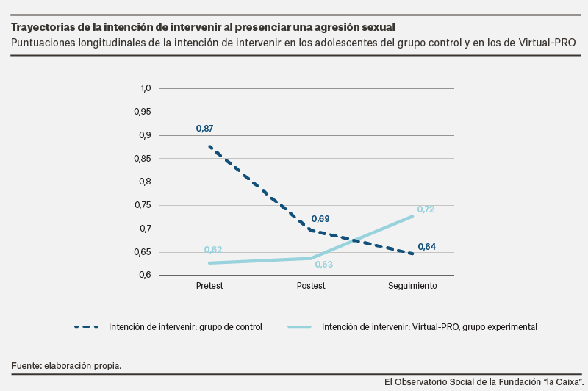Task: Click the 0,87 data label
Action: pos(204,129)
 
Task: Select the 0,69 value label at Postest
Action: pos(320,219)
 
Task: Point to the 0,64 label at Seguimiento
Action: pos(426,247)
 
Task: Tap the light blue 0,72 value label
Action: pos(426,209)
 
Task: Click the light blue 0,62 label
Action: pos(213,250)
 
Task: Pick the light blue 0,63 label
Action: pos(324,265)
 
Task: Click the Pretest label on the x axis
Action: pos(210,285)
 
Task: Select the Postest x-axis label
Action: pos(311,285)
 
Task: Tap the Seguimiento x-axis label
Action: pos(412,285)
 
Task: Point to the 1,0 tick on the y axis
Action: pos(145,88)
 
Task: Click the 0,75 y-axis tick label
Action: pos(141,205)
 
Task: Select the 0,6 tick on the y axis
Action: pos(144,276)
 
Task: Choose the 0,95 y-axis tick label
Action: pos(141,112)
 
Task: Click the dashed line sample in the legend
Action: pos(87,326)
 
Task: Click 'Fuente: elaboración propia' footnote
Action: pos(66,365)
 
